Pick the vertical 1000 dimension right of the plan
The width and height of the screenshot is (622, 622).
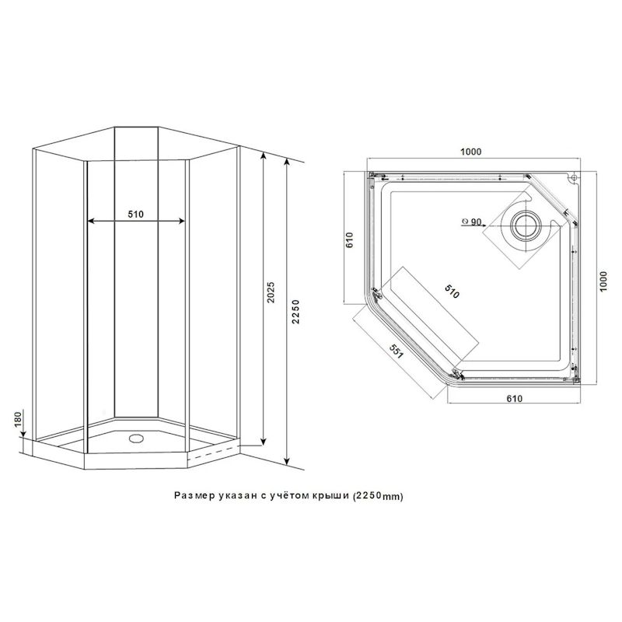tap(603, 281)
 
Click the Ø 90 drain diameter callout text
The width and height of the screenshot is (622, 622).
tap(471, 222)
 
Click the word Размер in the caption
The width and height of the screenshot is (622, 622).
tap(194, 494)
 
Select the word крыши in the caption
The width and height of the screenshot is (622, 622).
tap(330, 494)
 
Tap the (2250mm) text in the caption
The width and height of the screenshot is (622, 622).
tap(378, 494)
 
